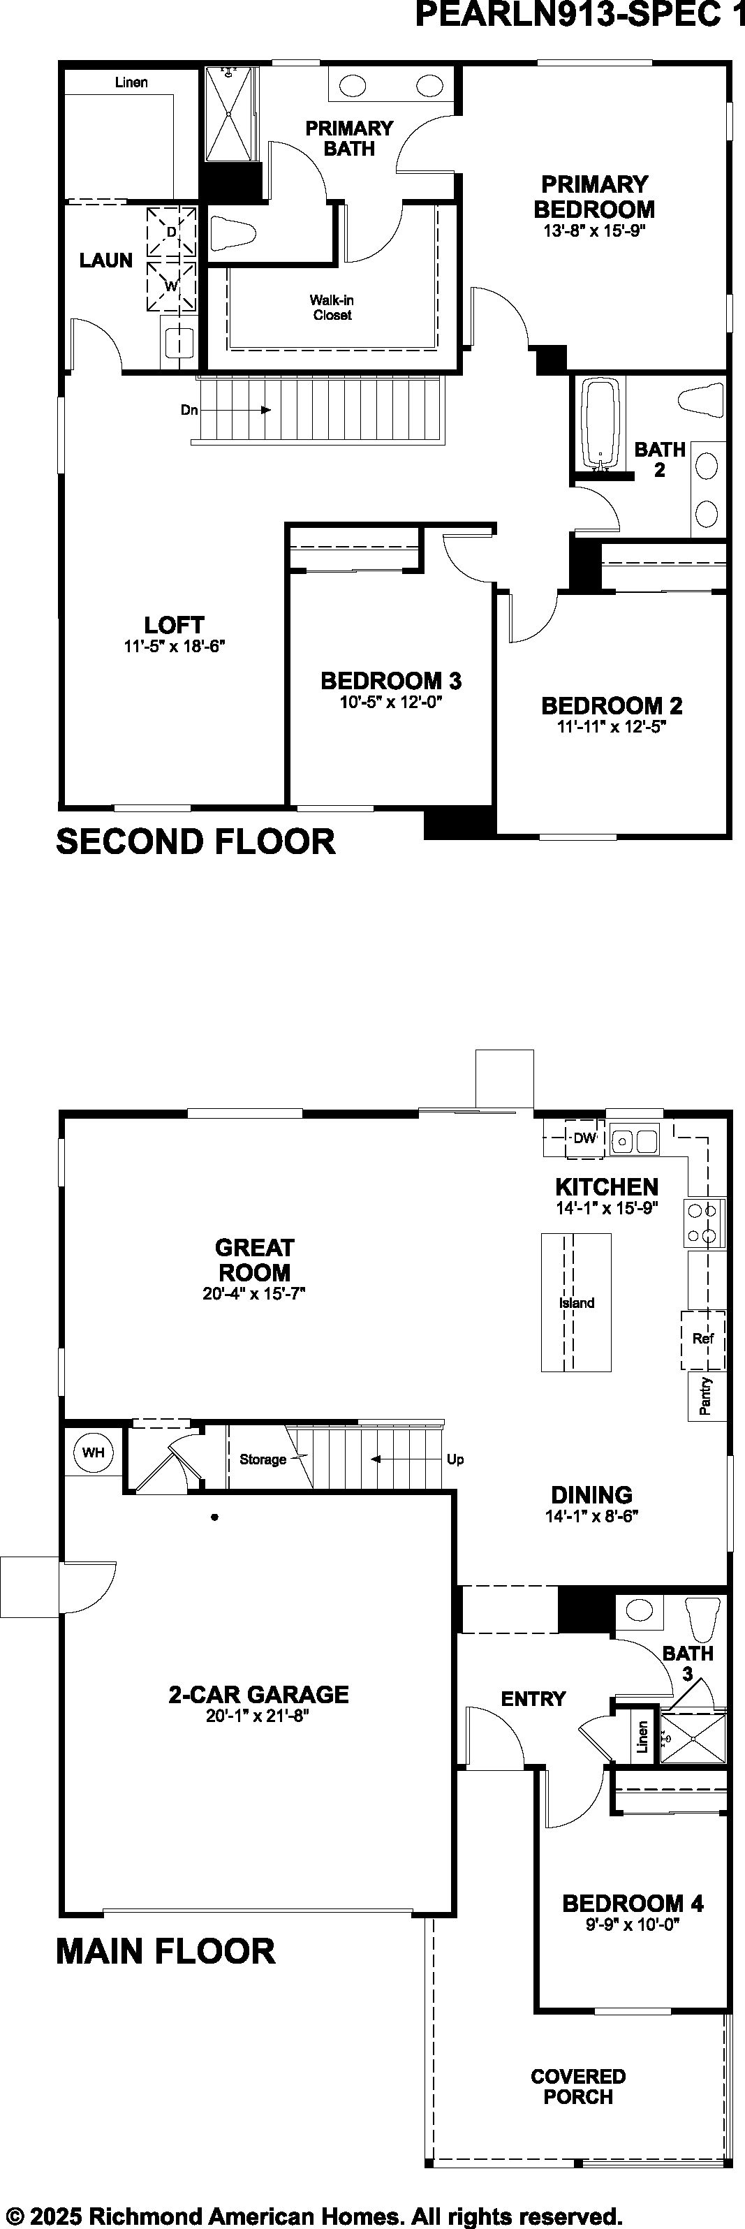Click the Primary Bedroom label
593,196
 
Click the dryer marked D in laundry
171,232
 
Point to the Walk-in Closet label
332,307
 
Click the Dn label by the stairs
189,409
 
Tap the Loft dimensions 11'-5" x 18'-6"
174,645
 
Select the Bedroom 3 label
391,681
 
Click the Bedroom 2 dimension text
611,727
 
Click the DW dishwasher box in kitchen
585,1138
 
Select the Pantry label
706,1396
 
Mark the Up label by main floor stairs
455,1459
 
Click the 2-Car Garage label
259,1694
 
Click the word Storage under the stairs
263,1459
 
